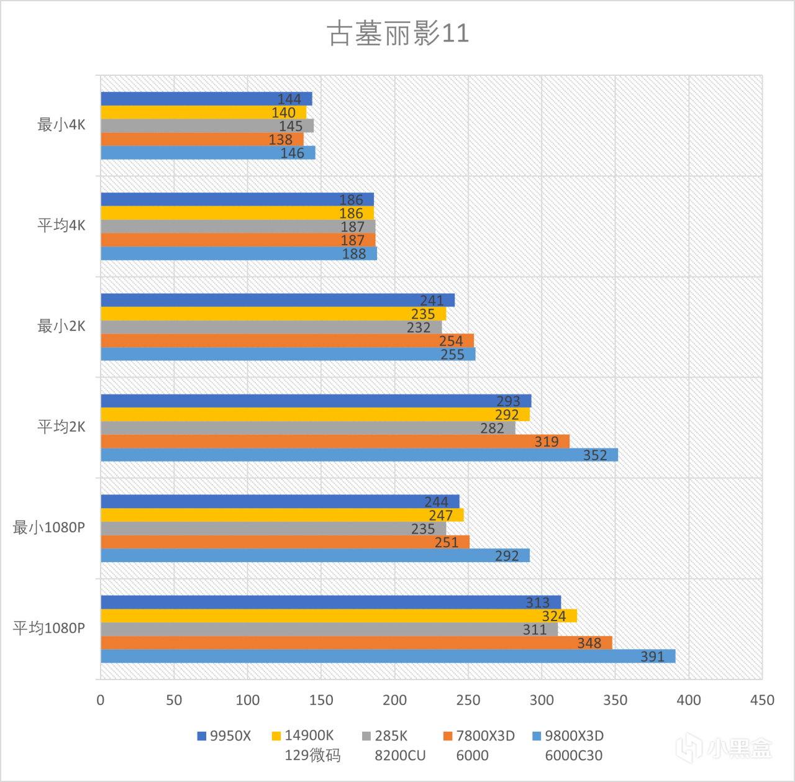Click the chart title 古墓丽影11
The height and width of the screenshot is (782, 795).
coord(397,33)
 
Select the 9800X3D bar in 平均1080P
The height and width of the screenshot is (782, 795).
coord(388,657)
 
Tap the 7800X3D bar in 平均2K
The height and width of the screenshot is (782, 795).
coord(335,442)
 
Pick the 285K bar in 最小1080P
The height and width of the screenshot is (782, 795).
coord(273,529)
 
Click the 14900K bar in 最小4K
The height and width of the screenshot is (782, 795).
coord(203,112)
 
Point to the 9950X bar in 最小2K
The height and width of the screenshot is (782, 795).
coord(278,300)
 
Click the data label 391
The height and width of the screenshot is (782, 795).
coord(652,657)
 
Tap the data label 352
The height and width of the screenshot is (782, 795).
coord(594,455)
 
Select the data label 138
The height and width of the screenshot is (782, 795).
coord(280,140)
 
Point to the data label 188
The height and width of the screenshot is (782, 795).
coord(354,254)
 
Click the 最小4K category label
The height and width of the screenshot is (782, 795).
coord(61,125)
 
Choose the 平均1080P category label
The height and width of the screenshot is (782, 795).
coord(49,628)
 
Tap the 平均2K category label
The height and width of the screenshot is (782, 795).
coord(61,427)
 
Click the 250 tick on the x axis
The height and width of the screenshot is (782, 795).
coord(468,700)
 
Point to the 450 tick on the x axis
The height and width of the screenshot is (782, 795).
coord(761,700)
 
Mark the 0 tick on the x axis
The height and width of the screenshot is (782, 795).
coord(101,700)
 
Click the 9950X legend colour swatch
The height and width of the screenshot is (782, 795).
coord(201,736)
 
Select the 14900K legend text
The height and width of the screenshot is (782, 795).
coord(309,736)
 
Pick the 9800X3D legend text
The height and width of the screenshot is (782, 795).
coord(574,736)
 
